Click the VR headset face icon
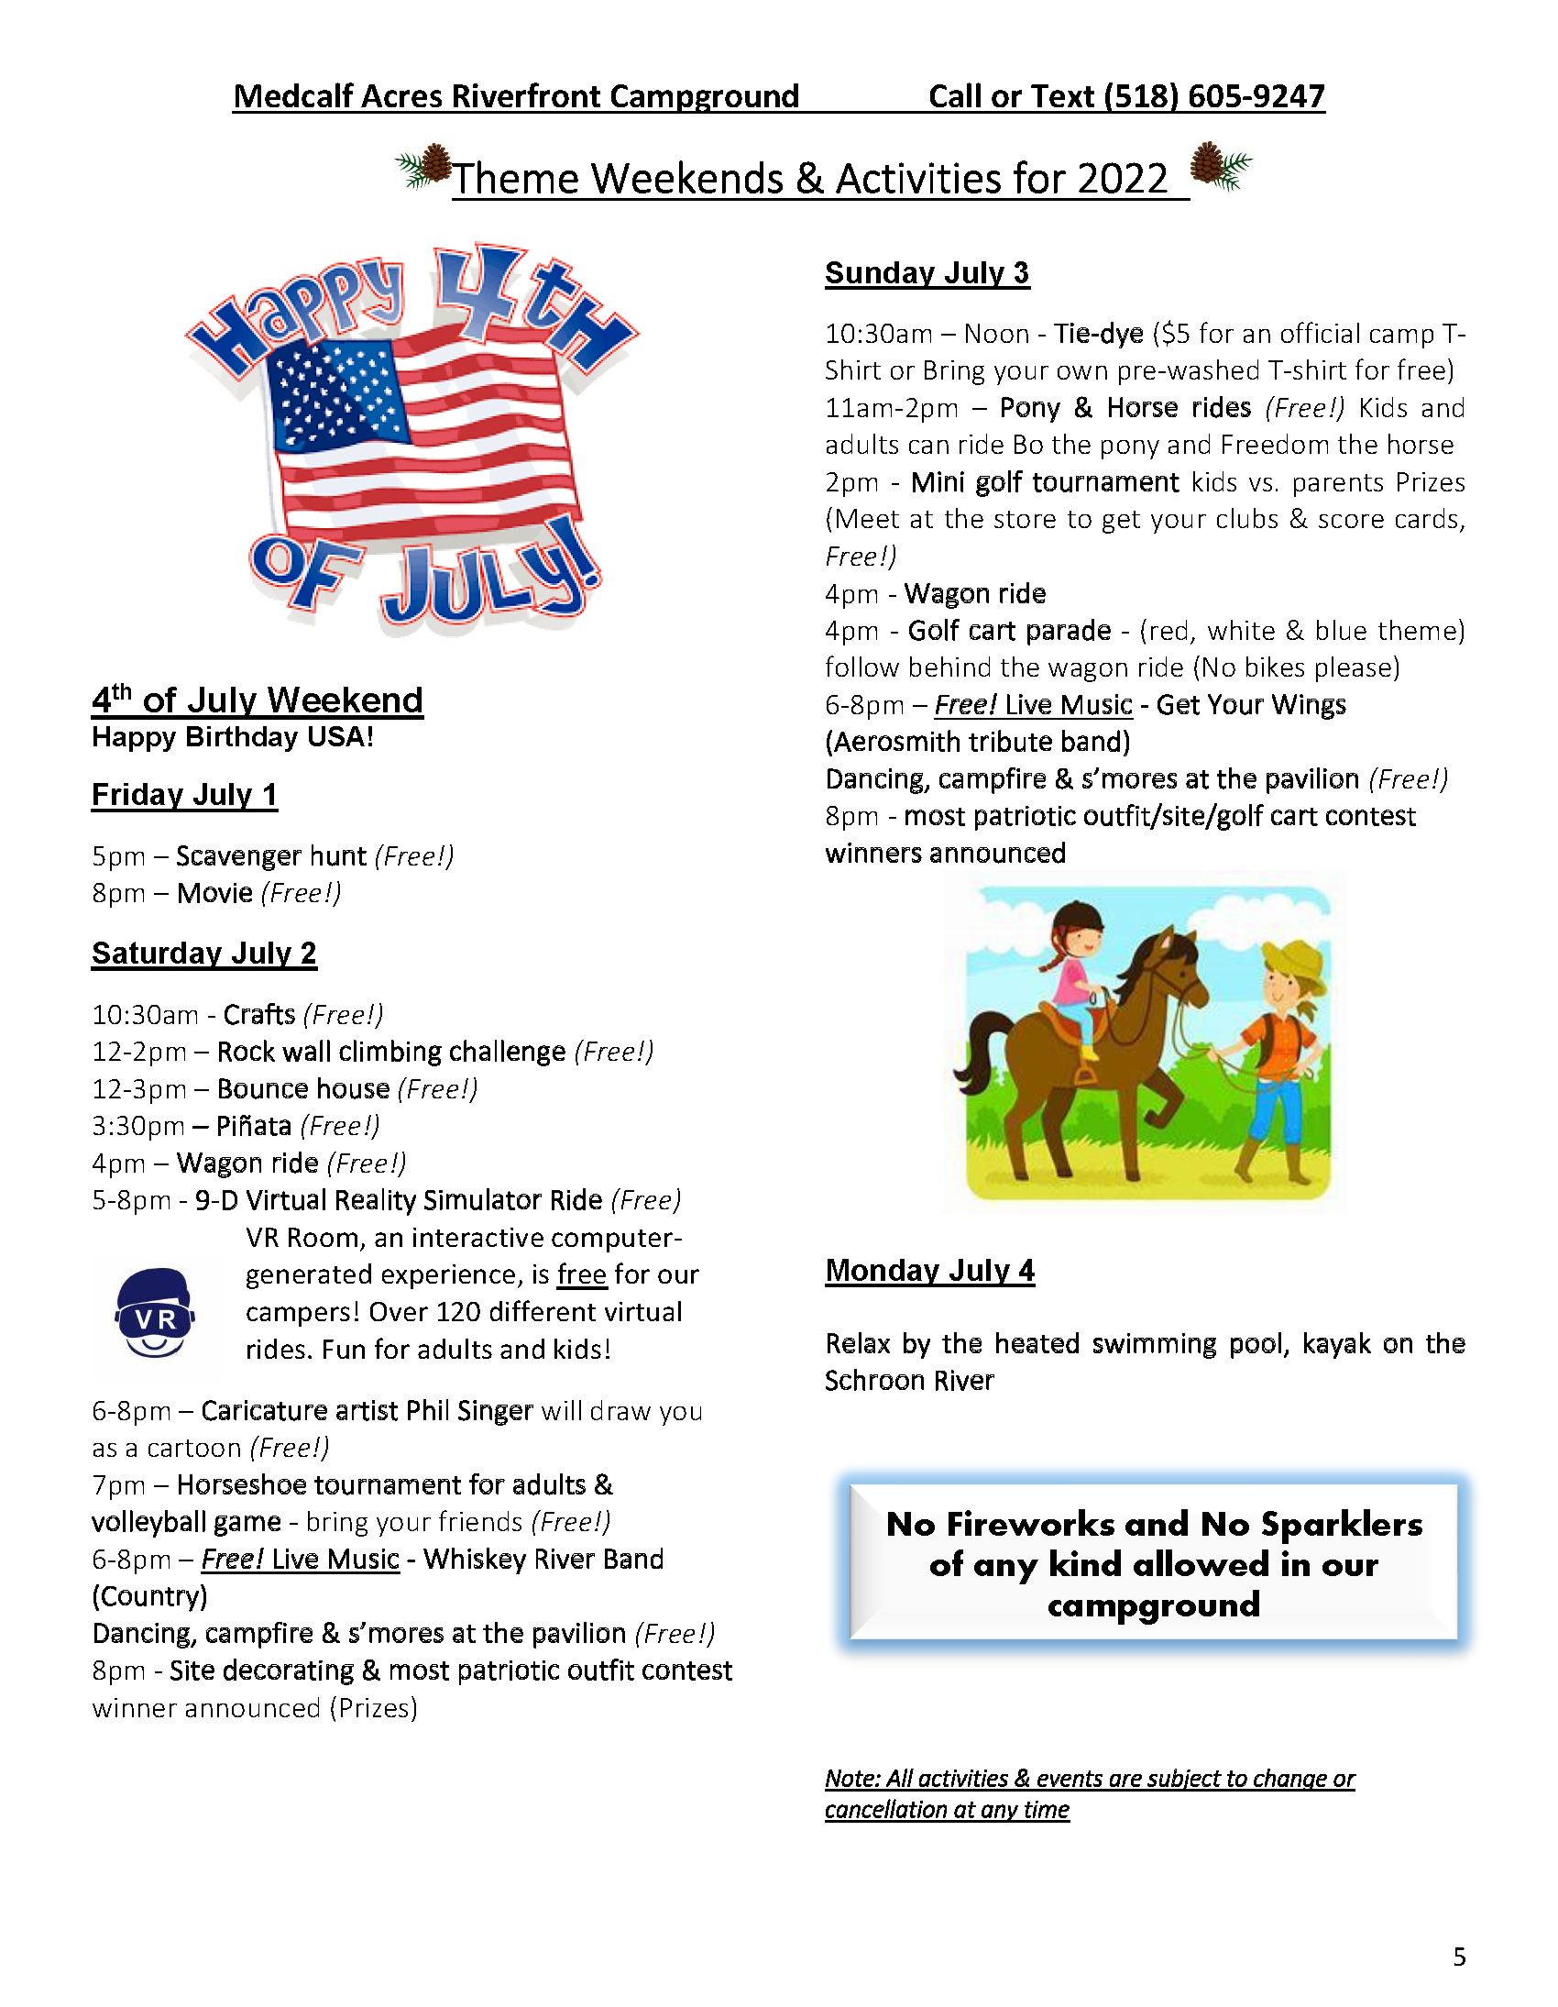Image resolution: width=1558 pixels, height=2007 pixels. (154, 1312)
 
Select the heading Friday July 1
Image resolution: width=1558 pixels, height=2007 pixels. (183, 795)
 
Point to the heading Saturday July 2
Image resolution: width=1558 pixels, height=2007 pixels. (204, 954)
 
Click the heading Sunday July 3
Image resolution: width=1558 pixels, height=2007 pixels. (926, 273)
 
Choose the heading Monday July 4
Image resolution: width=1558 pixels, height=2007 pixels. (928, 1270)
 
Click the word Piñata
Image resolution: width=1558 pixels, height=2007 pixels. (254, 1126)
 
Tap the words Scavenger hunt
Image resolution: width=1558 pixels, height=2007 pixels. (271, 856)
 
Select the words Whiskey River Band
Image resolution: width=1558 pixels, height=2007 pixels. (543, 1560)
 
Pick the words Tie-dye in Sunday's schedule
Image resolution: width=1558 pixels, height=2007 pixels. (1098, 334)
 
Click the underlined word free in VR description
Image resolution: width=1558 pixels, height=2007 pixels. (581, 1275)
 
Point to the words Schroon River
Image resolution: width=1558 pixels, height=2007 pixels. (908, 1380)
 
